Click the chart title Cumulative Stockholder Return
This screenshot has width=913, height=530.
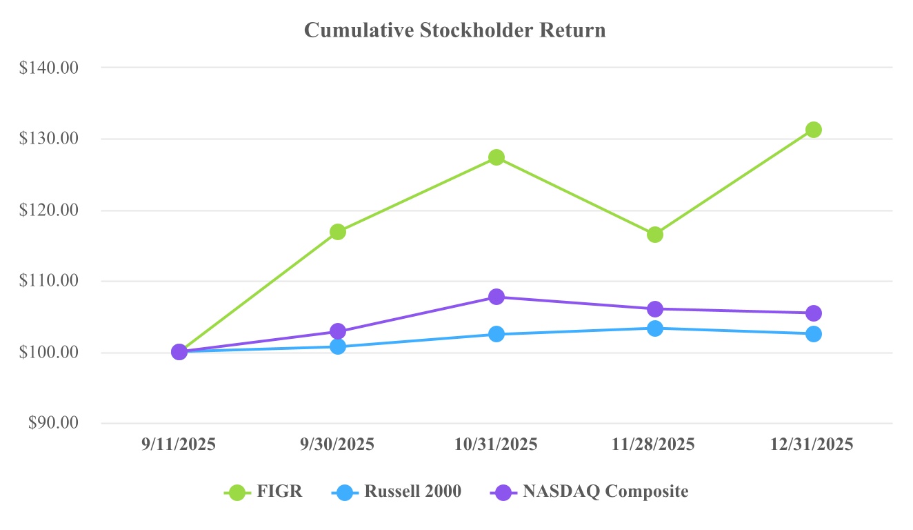coord(455,30)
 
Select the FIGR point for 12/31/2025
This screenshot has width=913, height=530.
coord(814,130)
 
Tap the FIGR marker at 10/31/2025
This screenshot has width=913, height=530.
coord(496,157)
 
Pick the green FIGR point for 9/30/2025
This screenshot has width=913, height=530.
coord(338,232)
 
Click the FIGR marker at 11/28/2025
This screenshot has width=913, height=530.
coord(655,235)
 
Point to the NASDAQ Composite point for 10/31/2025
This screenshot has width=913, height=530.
coord(496,297)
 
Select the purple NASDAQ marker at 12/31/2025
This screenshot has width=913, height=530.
coord(814,313)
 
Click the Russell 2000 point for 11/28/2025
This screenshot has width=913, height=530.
coord(655,328)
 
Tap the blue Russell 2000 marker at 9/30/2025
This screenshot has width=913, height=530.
coord(338,346)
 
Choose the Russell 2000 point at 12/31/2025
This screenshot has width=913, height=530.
coord(814,334)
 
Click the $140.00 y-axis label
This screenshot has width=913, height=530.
coord(50,68)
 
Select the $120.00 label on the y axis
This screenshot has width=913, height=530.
coord(50,210)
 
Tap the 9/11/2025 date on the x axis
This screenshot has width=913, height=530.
coord(179,444)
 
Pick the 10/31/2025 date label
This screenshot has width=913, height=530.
coord(496,444)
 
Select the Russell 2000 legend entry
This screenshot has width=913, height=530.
coord(397,492)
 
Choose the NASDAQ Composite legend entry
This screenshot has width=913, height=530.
coord(589,492)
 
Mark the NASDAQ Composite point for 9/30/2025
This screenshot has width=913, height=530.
coord(338,331)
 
